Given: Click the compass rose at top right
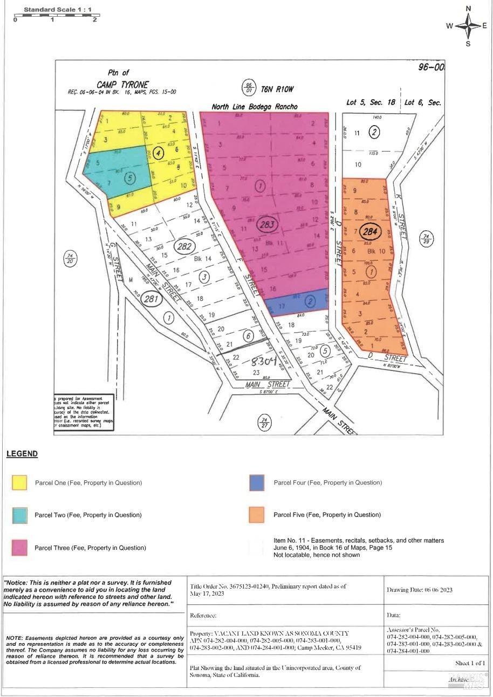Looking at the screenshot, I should [468, 25].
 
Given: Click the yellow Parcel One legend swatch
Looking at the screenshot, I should [19, 482].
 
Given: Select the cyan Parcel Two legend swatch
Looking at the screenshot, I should [19, 515].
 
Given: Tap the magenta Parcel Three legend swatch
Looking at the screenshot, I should [19, 548].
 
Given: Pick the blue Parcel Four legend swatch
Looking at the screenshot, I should [257, 482].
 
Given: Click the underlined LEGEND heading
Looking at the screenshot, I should [22, 454].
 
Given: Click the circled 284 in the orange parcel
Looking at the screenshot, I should [371, 232].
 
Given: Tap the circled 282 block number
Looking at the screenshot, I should [183, 247].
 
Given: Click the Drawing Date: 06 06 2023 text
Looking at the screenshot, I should [419, 590].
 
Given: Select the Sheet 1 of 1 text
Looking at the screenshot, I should [470, 663].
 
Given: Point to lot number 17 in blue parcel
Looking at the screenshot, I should [282, 306].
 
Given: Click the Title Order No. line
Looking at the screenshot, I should [268, 586].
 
